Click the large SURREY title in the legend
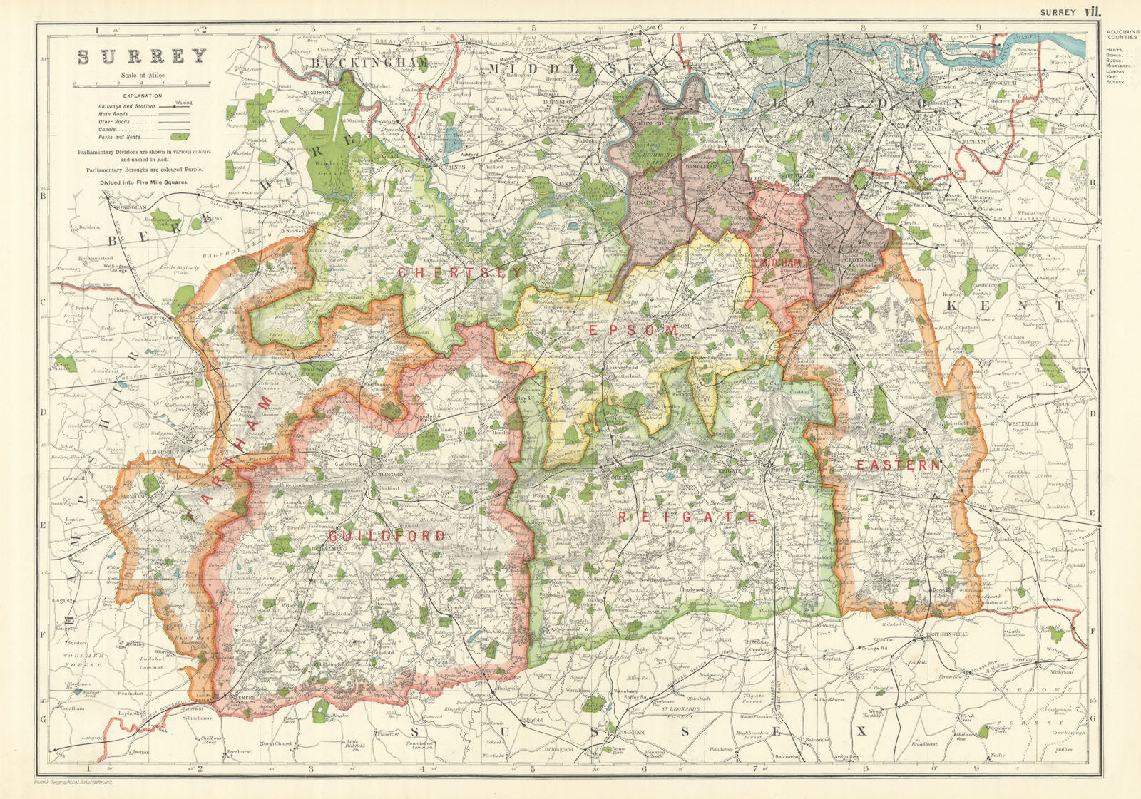(142, 57)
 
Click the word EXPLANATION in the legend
(142, 96)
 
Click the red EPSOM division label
(633, 331)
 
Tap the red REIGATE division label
(687, 516)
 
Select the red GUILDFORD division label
(387, 535)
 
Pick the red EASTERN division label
(898, 465)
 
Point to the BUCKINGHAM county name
(369, 63)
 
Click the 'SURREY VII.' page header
(1070, 11)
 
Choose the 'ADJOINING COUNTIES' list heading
(1122, 34)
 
